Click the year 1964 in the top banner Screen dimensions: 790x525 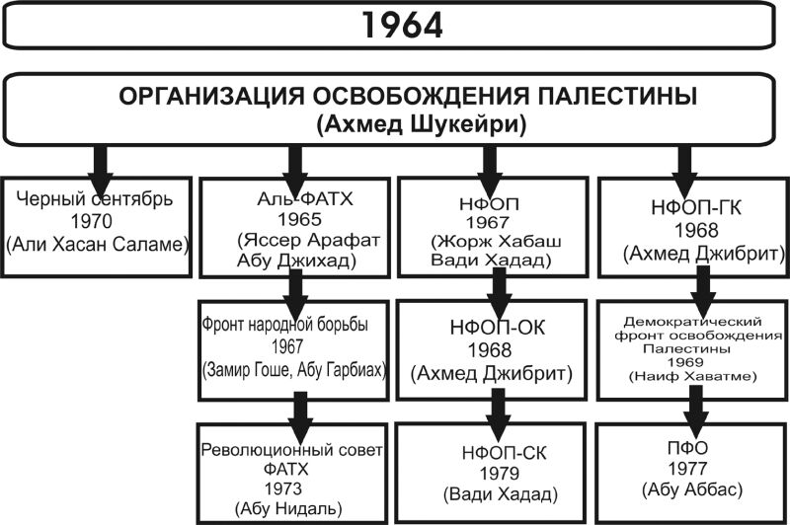(x=402, y=26)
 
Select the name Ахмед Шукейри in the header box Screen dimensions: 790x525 (x=422, y=123)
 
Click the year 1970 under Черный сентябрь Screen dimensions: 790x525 (x=91, y=221)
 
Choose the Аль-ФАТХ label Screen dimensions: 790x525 (x=305, y=198)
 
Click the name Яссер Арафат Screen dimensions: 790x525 (x=312, y=240)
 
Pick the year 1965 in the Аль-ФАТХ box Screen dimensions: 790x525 (x=299, y=219)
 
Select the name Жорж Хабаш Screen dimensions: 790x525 (x=500, y=241)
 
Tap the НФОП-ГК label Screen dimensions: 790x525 (x=696, y=207)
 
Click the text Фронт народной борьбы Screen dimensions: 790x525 (x=284, y=324)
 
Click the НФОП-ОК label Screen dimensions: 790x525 (x=498, y=328)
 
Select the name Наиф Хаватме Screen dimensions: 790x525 (x=693, y=376)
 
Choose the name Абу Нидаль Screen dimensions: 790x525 (x=288, y=508)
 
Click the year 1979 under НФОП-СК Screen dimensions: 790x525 (x=500, y=473)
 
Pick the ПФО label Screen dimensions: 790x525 (x=687, y=447)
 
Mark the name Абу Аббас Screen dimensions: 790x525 (x=692, y=489)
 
